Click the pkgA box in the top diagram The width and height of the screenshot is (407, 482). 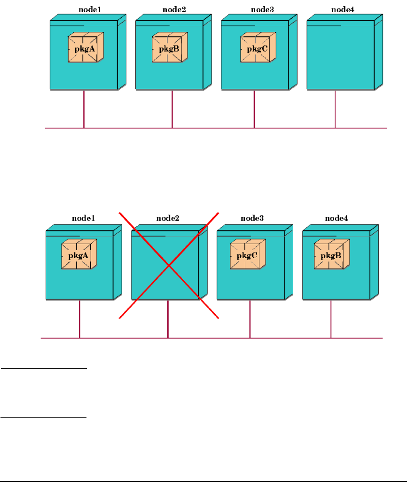pos(83,48)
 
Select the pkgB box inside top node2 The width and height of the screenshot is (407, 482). pos(167,48)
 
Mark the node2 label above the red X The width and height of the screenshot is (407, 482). pos(168,218)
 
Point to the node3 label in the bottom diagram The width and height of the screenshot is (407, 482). pos(252,218)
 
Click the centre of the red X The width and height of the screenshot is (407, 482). pos(169,266)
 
